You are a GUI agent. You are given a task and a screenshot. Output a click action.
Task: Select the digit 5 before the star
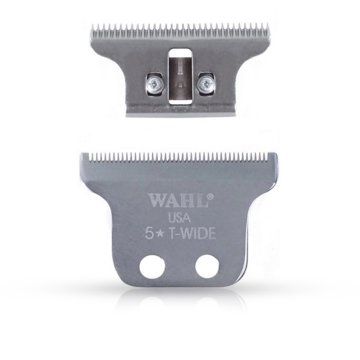153,232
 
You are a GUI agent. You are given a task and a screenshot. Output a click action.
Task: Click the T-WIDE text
193,232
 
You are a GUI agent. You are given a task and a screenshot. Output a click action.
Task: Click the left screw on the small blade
151,83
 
